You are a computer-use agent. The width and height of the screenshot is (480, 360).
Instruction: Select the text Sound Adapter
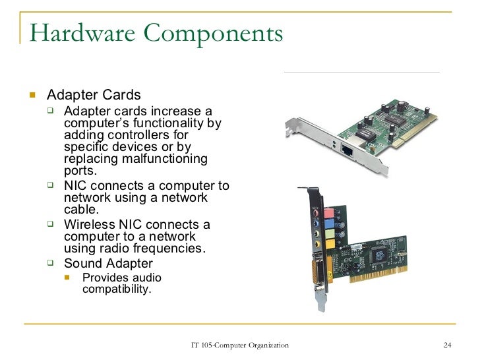pyautogui.click(x=108, y=264)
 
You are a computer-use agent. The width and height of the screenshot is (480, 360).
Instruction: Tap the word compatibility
pyautogui.click(x=117, y=289)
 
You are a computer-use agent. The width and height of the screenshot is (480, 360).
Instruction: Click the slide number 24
pyautogui.click(x=447, y=346)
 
